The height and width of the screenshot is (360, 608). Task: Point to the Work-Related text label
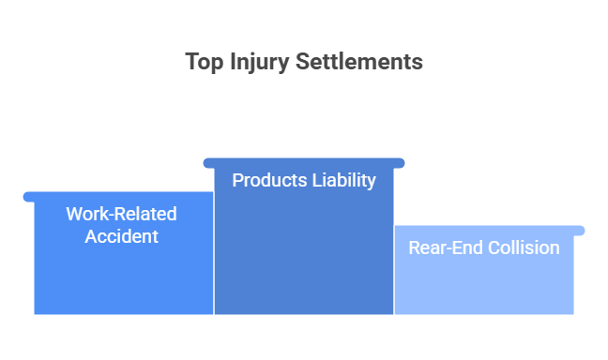(x=121, y=214)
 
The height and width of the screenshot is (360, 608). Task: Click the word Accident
(x=121, y=236)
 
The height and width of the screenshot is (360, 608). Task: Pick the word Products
(x=268, y=180)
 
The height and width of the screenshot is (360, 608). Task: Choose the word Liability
(x=342, y=180)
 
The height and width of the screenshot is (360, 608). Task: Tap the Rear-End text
(x=442, y=248)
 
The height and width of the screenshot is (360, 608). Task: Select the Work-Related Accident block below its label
(x=123, y=281)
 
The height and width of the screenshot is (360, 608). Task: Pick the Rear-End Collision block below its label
(x=483, y=287)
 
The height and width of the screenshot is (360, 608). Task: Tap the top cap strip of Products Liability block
(x=303, y=163)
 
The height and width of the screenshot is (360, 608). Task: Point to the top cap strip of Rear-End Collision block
(x=488, y=230)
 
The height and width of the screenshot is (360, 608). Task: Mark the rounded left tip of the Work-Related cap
(x=26, y=196)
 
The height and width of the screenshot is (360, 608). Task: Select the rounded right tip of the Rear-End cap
(x=582, y=230)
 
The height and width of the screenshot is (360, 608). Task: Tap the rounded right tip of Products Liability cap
(x=402, y=163)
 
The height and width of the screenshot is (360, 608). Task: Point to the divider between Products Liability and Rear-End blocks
(x=393, y=272)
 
